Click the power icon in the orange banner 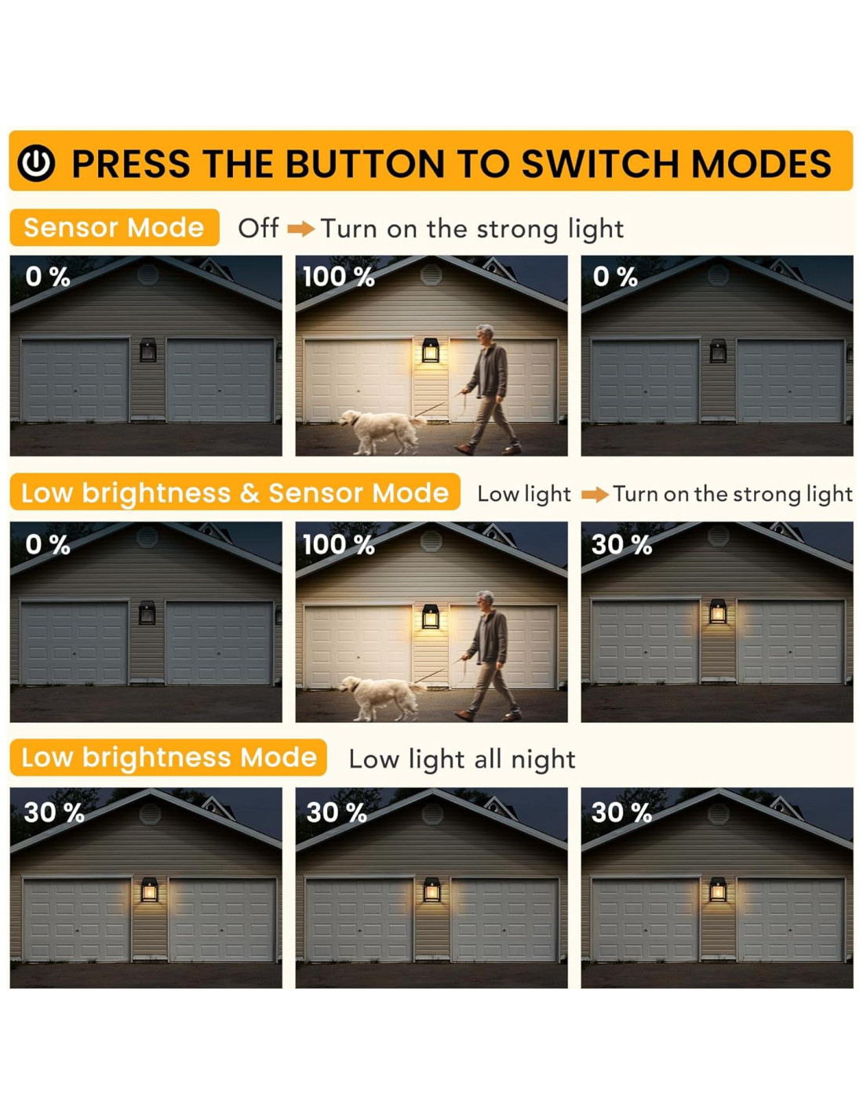coord(36,163)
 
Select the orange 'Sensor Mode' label coord(114,227)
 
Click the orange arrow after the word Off coord(300,229)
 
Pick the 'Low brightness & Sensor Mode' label coord(235,492)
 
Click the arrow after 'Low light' coord(595,495)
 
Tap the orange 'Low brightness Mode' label coord(169,757)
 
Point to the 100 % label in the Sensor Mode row coord(338,277)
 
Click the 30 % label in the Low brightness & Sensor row coord(621,544)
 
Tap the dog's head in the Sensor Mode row coord(351,417)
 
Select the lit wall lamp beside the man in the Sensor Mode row coord(430,350)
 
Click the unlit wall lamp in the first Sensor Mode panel coord(147,350)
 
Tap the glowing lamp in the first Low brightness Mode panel coord(149,890)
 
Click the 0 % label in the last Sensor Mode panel coord(615,277)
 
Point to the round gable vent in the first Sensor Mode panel coord(147,275)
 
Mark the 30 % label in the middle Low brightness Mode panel coord(337,813)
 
